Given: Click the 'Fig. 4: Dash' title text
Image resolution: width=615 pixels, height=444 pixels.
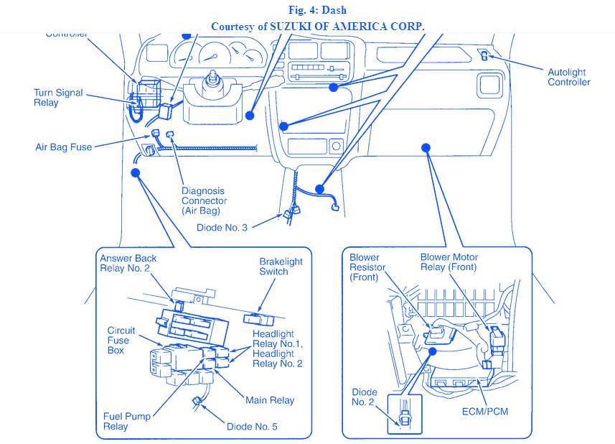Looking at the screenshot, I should pyautogui.click(x=307, y=10).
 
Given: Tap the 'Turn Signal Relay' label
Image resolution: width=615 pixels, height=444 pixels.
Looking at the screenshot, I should pyautogui.click(x=58, y=98).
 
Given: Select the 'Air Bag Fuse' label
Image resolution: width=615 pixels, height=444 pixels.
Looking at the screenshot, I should pyautogui.click(x=64, y=147).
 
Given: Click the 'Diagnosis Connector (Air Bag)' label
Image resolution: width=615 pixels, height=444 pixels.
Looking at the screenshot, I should pyautogui.click(x=204, y=201).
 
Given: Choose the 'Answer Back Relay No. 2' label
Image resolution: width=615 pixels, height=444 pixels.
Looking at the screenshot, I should pyautogui.click(x=128, y=264).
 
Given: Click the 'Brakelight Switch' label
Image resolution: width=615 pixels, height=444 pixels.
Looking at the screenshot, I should pyautogui.click(x=281, y=267).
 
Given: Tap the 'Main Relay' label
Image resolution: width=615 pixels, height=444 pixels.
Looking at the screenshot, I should pyautogui.click(x=270, y=400).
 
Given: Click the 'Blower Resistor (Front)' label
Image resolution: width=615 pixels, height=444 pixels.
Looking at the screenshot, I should pyautogui.click(x=367, y=267).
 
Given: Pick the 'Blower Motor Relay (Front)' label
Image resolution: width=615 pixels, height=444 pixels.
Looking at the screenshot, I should pyautogui.click(x=450, y=262).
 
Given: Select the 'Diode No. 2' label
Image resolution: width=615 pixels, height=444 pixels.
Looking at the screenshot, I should pyautogui.click(x=364, y=397).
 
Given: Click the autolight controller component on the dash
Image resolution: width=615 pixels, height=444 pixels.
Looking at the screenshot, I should pyautogui.click(x=485, y=56).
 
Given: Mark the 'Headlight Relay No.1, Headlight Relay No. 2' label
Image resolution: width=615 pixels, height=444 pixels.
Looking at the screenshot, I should pyautogui.click(x=278, y=348).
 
